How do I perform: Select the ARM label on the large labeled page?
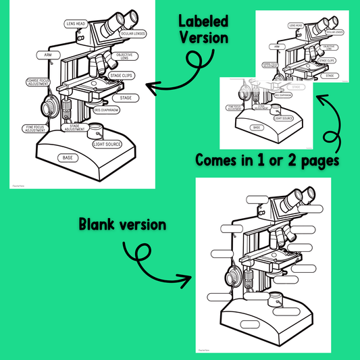point(48,55)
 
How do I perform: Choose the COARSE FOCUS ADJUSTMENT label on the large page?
point(38,86)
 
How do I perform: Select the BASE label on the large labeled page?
point(68,157)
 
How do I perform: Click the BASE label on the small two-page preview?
point(257,127)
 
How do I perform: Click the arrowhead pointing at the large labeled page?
point(151,86)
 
